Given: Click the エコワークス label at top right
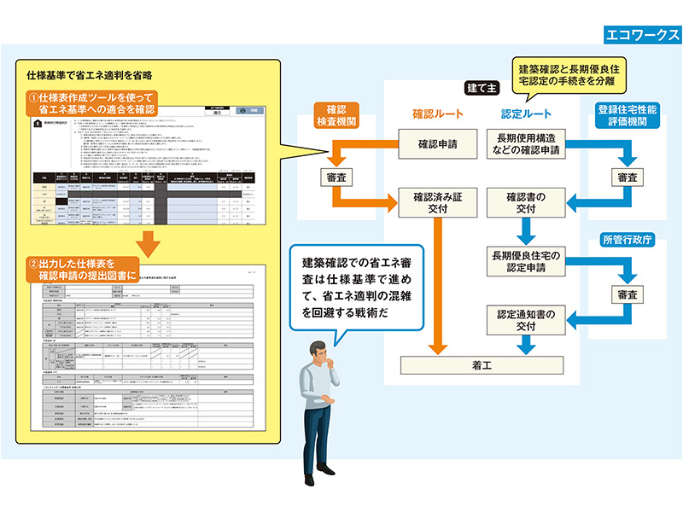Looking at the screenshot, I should tap(641, 35).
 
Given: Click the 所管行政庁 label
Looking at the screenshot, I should tap(628, 239).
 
